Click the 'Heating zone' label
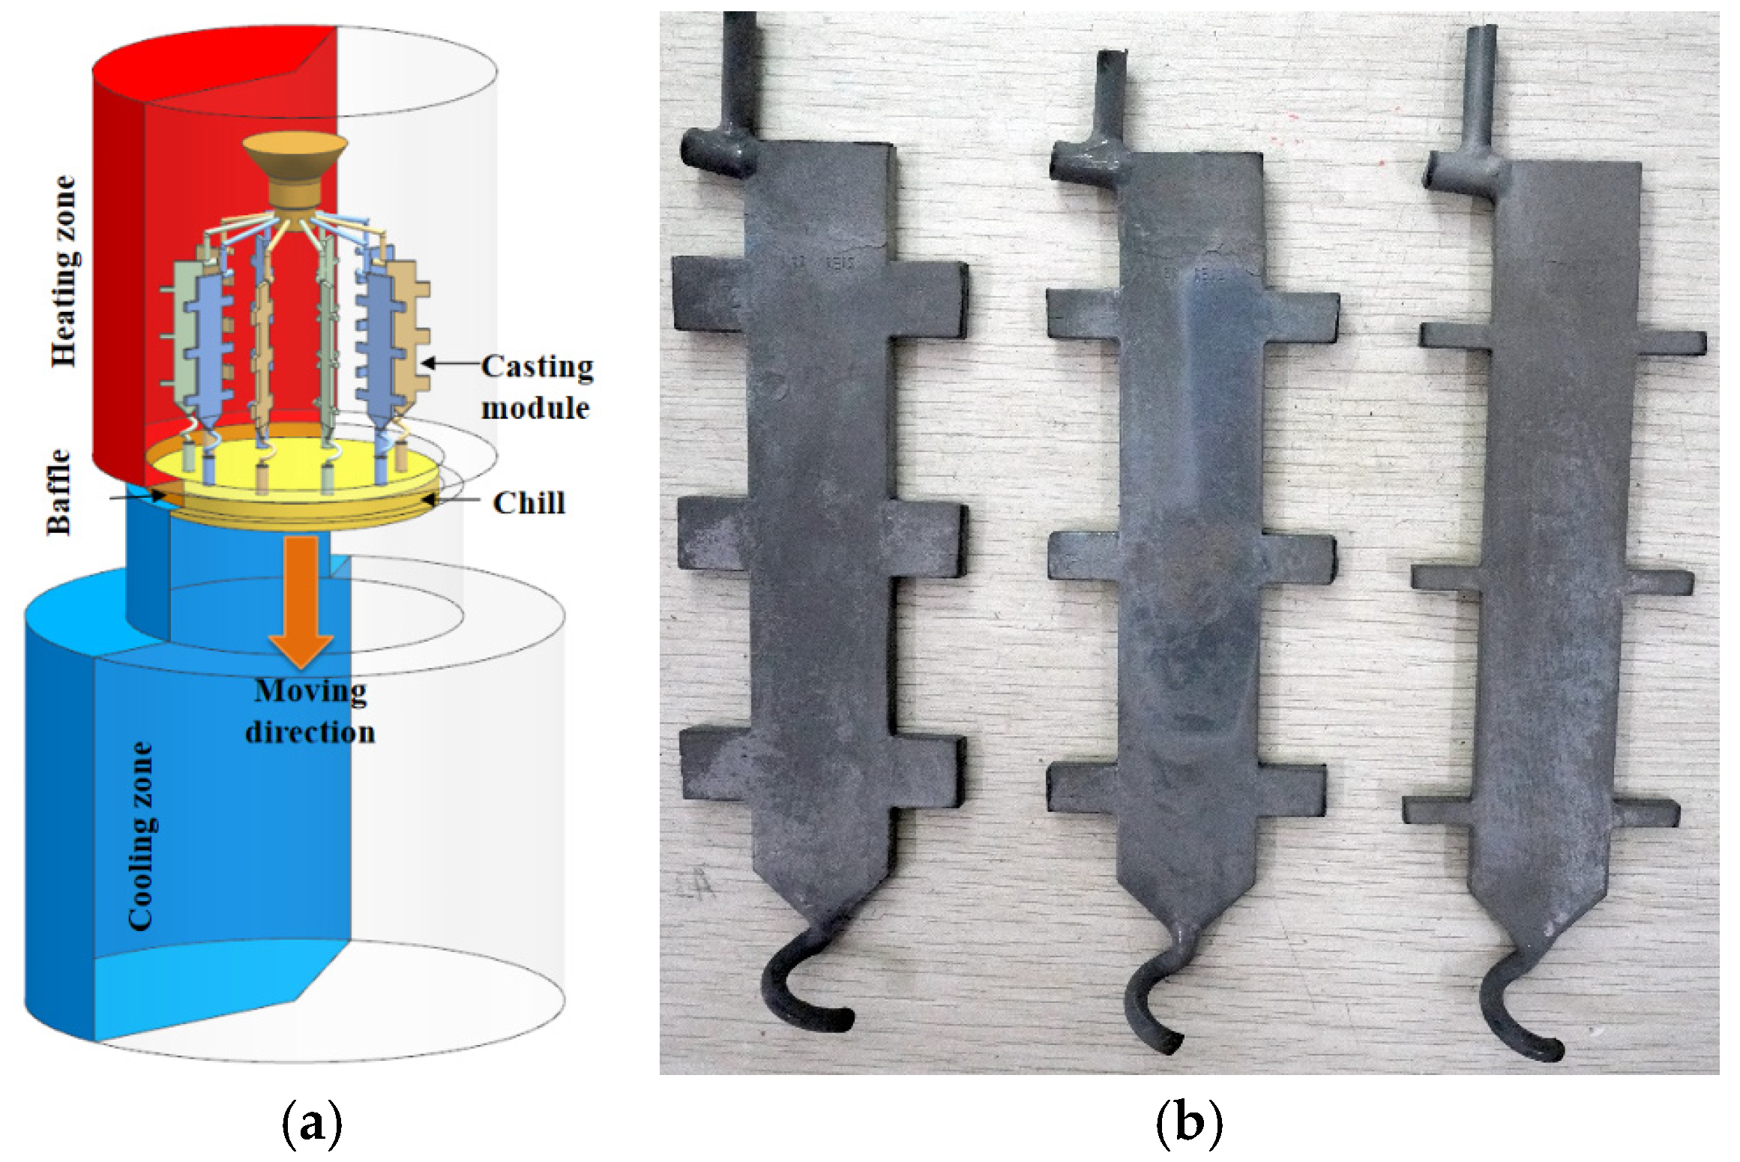64,271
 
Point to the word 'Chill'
529,503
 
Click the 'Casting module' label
537,387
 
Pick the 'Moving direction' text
310,711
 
